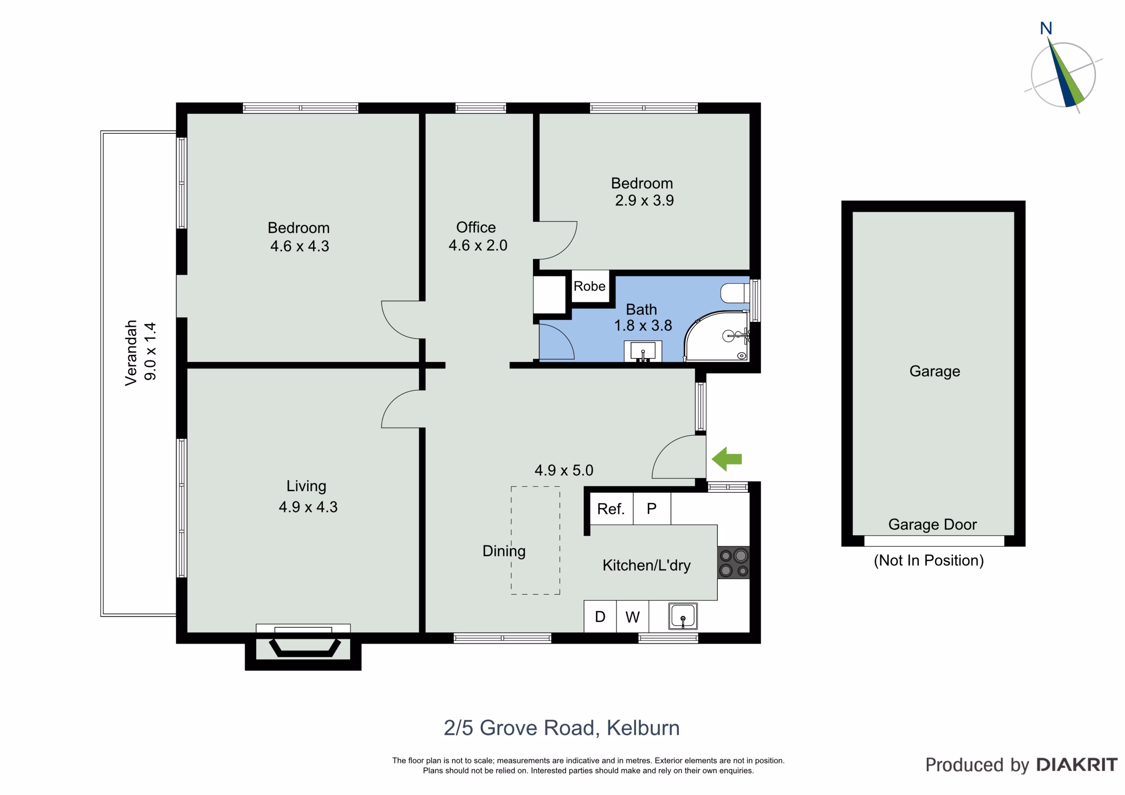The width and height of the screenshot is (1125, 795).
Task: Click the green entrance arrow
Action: tap(727, 459)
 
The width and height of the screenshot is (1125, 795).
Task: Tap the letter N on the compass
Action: tap(1046, 29)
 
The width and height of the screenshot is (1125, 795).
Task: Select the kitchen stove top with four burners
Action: tap(733, 562)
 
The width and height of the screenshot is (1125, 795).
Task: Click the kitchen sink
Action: tap(683, 616)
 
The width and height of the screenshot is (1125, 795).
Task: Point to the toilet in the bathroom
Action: tap(735, 293)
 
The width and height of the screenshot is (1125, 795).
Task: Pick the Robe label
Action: tap(589, 286)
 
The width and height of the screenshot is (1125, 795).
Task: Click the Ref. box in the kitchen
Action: tap(611, 509)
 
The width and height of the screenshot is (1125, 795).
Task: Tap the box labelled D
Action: tap(600, 616)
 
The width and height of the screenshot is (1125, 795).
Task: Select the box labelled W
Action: tap(632, 616)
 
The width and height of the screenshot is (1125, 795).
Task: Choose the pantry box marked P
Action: tap(652, 509)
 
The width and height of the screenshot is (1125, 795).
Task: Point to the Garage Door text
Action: tap(933, 524)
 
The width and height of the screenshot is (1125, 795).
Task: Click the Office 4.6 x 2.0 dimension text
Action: tap(478, 245)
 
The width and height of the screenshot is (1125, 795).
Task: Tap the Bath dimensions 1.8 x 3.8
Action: tap(643, 325)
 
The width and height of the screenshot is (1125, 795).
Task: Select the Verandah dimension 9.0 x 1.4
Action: tap(150, 351)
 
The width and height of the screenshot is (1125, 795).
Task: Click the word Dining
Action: tap(504, 551)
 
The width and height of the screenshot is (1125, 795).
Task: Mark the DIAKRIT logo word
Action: tap(1077, 765)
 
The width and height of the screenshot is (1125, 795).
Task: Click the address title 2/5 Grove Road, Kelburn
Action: tap(562, 728)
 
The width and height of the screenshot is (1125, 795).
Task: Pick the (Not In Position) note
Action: tap(929, 560)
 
